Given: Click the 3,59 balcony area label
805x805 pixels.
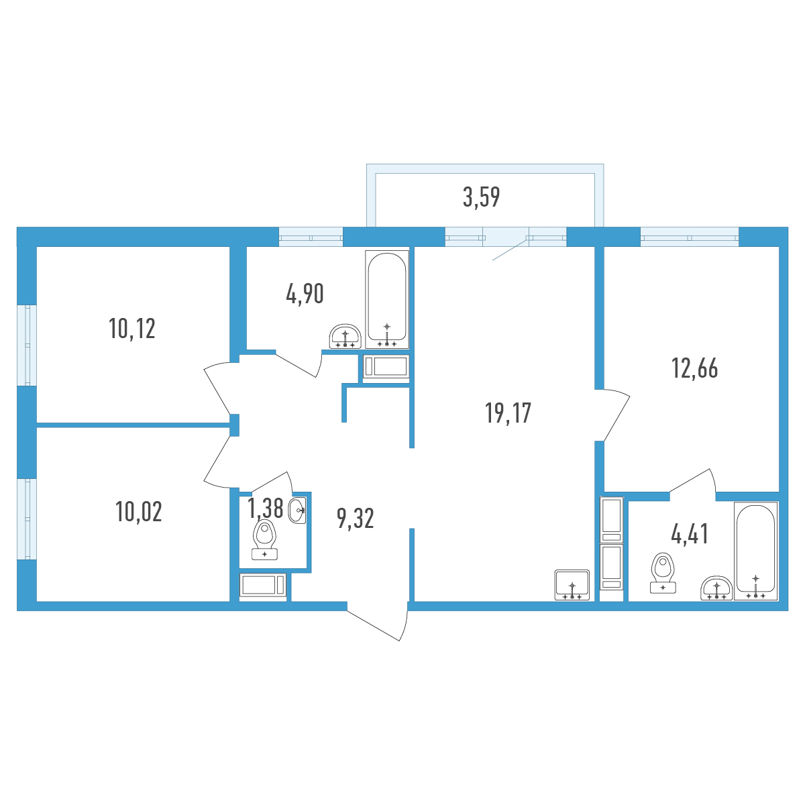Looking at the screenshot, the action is point(481,197).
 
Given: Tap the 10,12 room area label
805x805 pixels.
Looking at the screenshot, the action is point(132,328).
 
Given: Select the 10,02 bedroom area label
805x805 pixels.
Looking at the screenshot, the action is point(139,512).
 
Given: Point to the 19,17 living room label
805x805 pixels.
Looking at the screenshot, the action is point(508,413).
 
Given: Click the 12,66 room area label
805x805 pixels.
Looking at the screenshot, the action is point(695,368).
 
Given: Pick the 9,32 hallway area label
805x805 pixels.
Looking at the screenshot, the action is point(355,519).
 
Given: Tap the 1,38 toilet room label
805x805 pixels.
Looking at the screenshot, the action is point(265,508).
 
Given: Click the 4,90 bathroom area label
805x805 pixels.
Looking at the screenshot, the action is point(305,293).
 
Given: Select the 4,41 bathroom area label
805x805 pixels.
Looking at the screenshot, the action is point(690,534).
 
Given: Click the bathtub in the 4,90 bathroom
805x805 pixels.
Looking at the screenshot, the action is point(387,299).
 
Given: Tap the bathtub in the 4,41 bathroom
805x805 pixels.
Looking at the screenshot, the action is point(756,551).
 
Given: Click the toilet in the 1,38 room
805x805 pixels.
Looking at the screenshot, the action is point(264,539).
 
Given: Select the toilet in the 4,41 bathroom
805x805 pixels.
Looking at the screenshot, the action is point(663,573).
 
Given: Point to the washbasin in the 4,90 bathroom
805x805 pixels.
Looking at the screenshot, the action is point(345,336).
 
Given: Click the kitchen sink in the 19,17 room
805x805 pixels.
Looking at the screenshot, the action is point(572,585).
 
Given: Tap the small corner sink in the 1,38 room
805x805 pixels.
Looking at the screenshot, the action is point(297,510).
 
